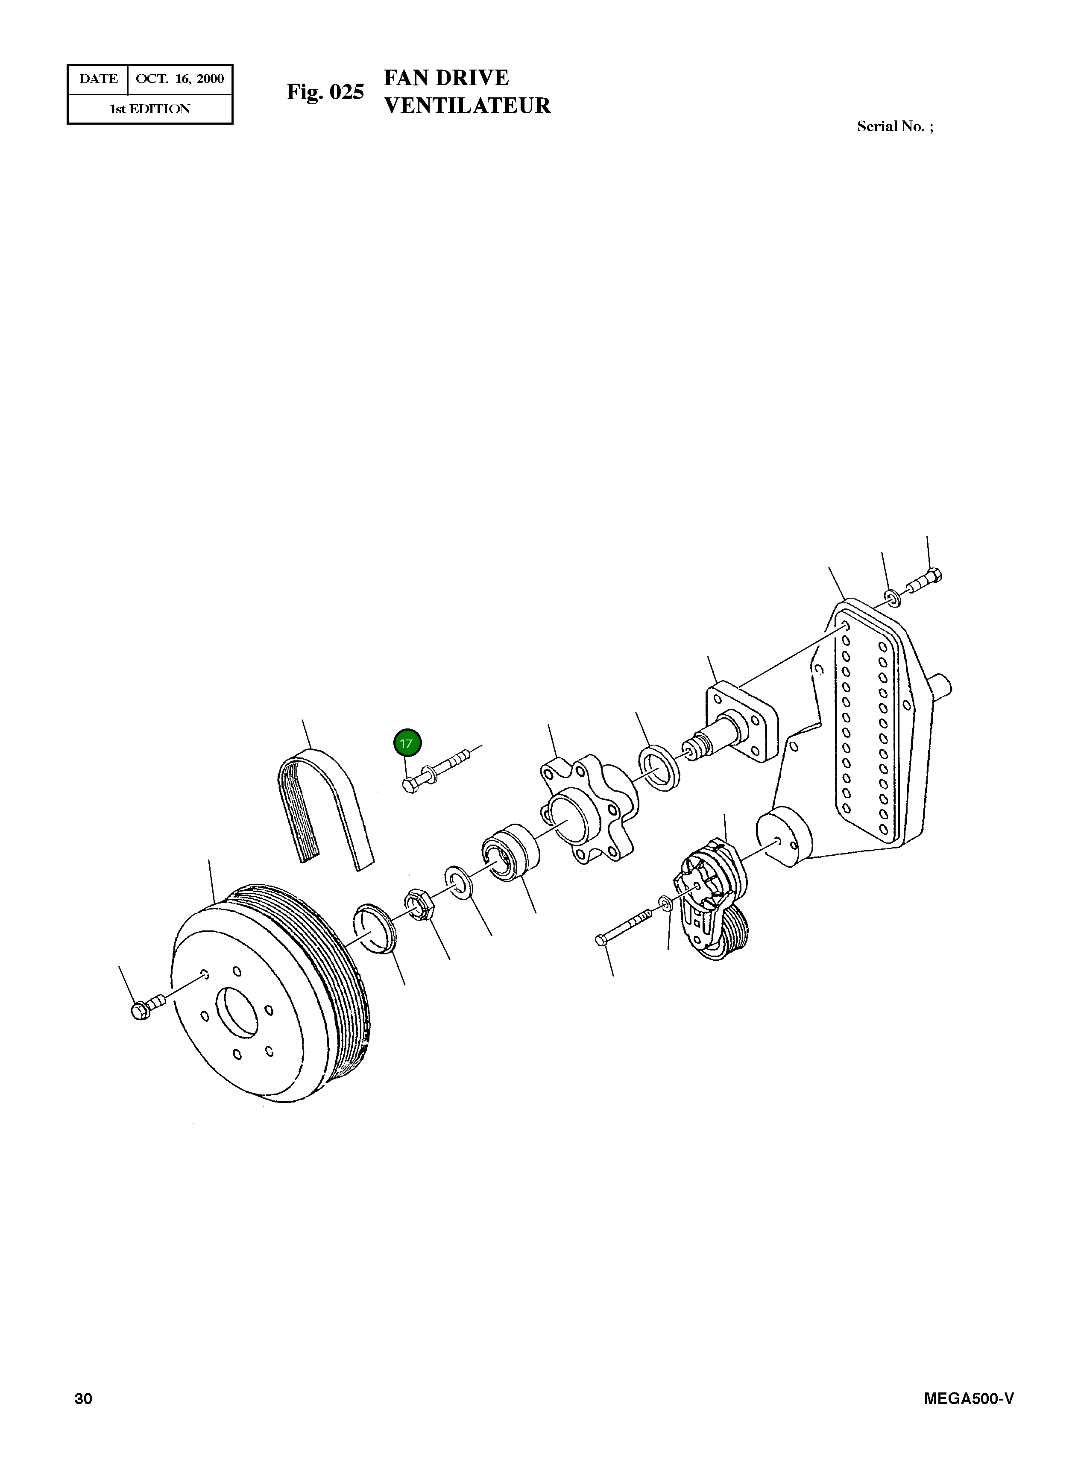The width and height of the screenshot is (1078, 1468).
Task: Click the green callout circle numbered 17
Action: tap(407, 743)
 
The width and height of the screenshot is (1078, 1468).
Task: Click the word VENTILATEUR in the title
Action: tap(467, 106)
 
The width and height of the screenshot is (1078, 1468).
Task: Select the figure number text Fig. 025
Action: tap(325, 92)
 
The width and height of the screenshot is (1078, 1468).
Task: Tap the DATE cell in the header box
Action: tap(99, 79)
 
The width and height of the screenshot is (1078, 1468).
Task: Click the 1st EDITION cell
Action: tap(150, 109)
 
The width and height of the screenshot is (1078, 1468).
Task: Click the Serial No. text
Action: tap(895, 126)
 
